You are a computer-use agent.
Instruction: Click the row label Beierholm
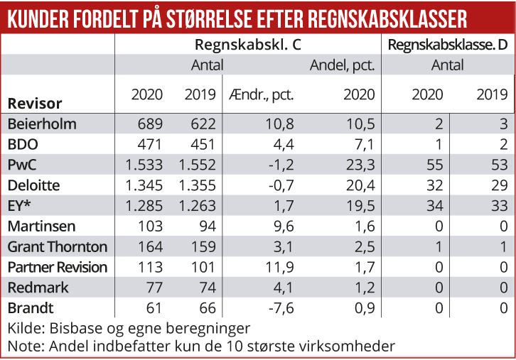tap(42, 124)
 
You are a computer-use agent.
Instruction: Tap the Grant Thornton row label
tap(58, 247)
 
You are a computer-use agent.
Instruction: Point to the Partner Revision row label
tap(58, 268)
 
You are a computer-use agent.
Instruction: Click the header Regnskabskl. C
tap(247, 45)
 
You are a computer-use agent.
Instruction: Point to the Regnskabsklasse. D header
tap(448, 45)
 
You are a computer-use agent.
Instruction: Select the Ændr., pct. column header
tap(261, 94)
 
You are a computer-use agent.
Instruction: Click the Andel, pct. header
tap(342, 65)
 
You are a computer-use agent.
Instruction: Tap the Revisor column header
tap(35, 103)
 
